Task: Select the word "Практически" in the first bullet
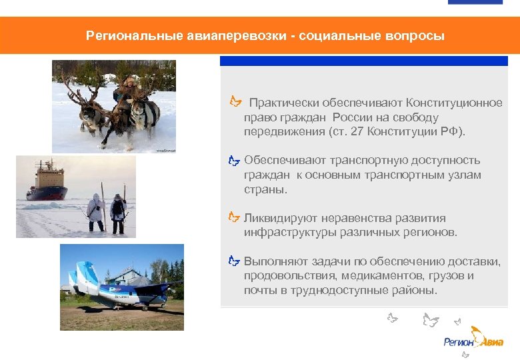point(284,103)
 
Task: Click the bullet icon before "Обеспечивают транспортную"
point(233,161)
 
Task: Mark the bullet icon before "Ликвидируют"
point(233,218)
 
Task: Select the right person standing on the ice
point(118,211)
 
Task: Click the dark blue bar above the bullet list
point(363,61)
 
